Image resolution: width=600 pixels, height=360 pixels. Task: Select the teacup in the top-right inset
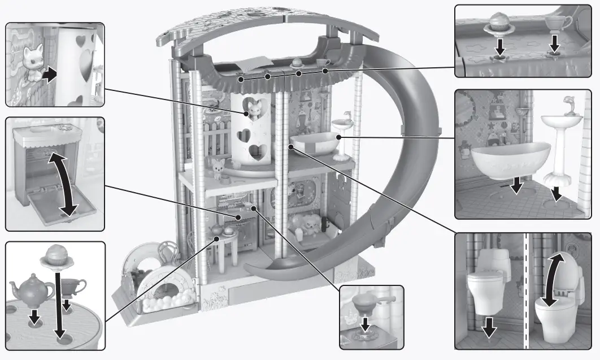pyautogui.click(x=556, y=24)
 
